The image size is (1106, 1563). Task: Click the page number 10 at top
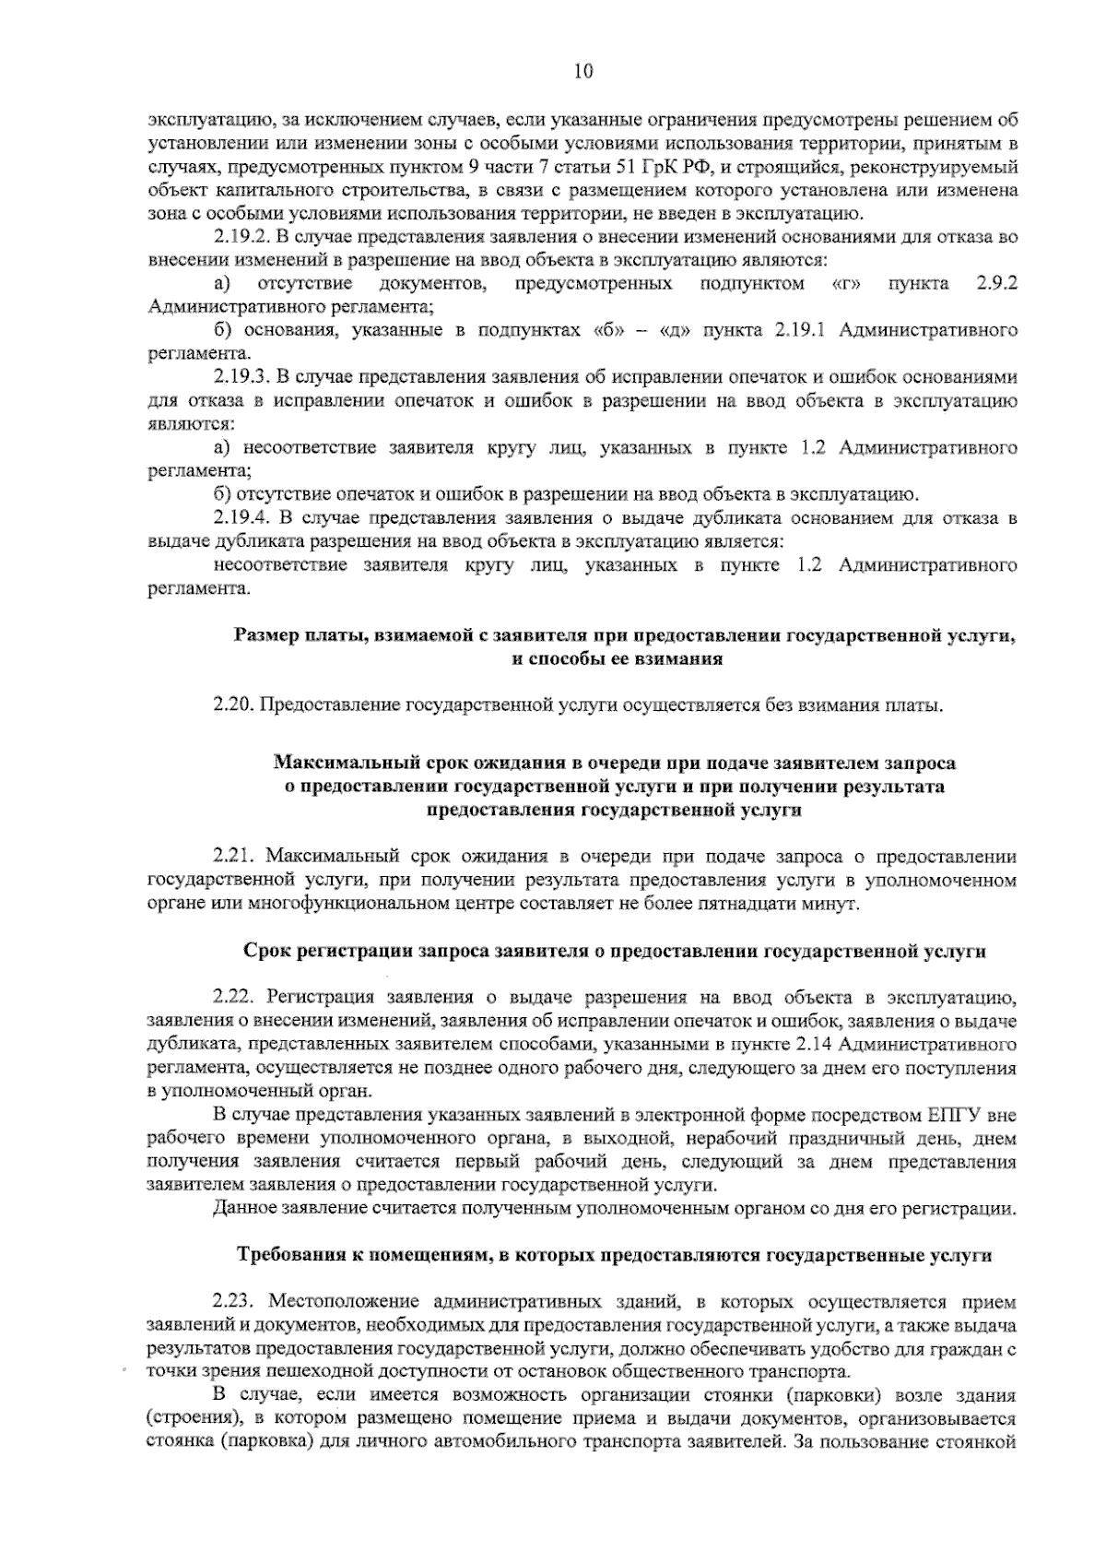[582, 71]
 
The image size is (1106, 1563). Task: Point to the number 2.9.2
[995, 283]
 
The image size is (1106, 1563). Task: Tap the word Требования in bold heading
[290, 1256]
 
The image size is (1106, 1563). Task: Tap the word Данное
[241, 1209]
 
